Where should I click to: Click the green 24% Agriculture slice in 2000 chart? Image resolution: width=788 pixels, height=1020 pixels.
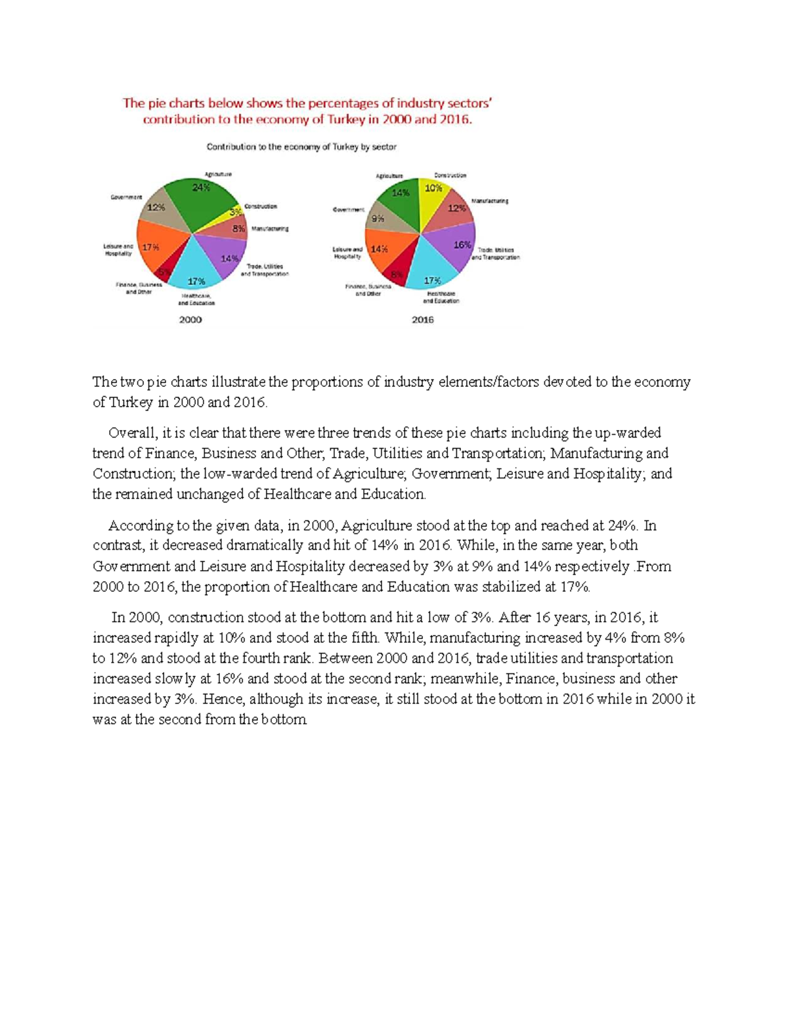point(200,197)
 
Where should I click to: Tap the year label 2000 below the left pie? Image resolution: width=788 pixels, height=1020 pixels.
point(190,320)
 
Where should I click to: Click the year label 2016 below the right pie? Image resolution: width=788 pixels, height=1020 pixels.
point(423,320)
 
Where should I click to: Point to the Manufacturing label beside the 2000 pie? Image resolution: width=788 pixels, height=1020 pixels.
point(270,229)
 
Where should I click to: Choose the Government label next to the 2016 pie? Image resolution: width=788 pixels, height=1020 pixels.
point(348,210)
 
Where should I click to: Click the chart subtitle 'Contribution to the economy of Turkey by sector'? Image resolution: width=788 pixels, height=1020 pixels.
point(301,147)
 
